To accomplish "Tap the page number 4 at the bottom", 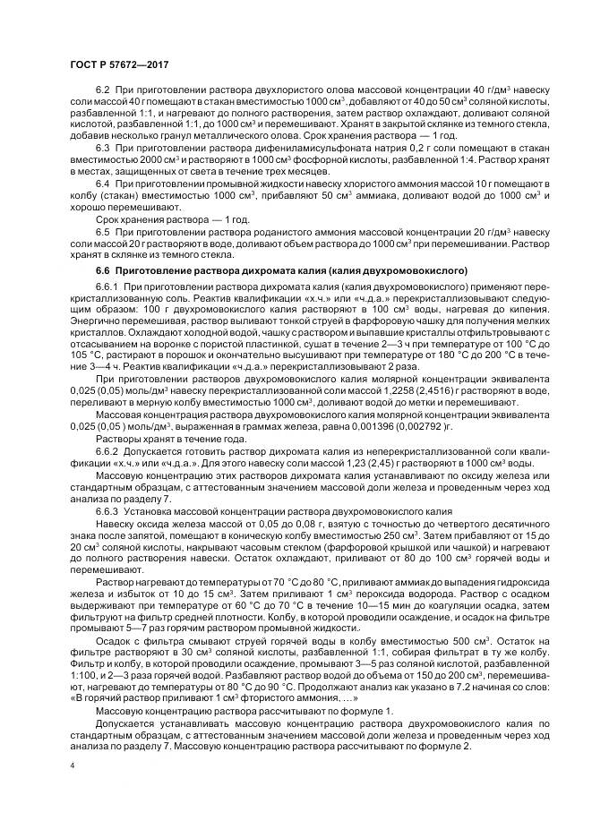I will click(72, 766).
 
